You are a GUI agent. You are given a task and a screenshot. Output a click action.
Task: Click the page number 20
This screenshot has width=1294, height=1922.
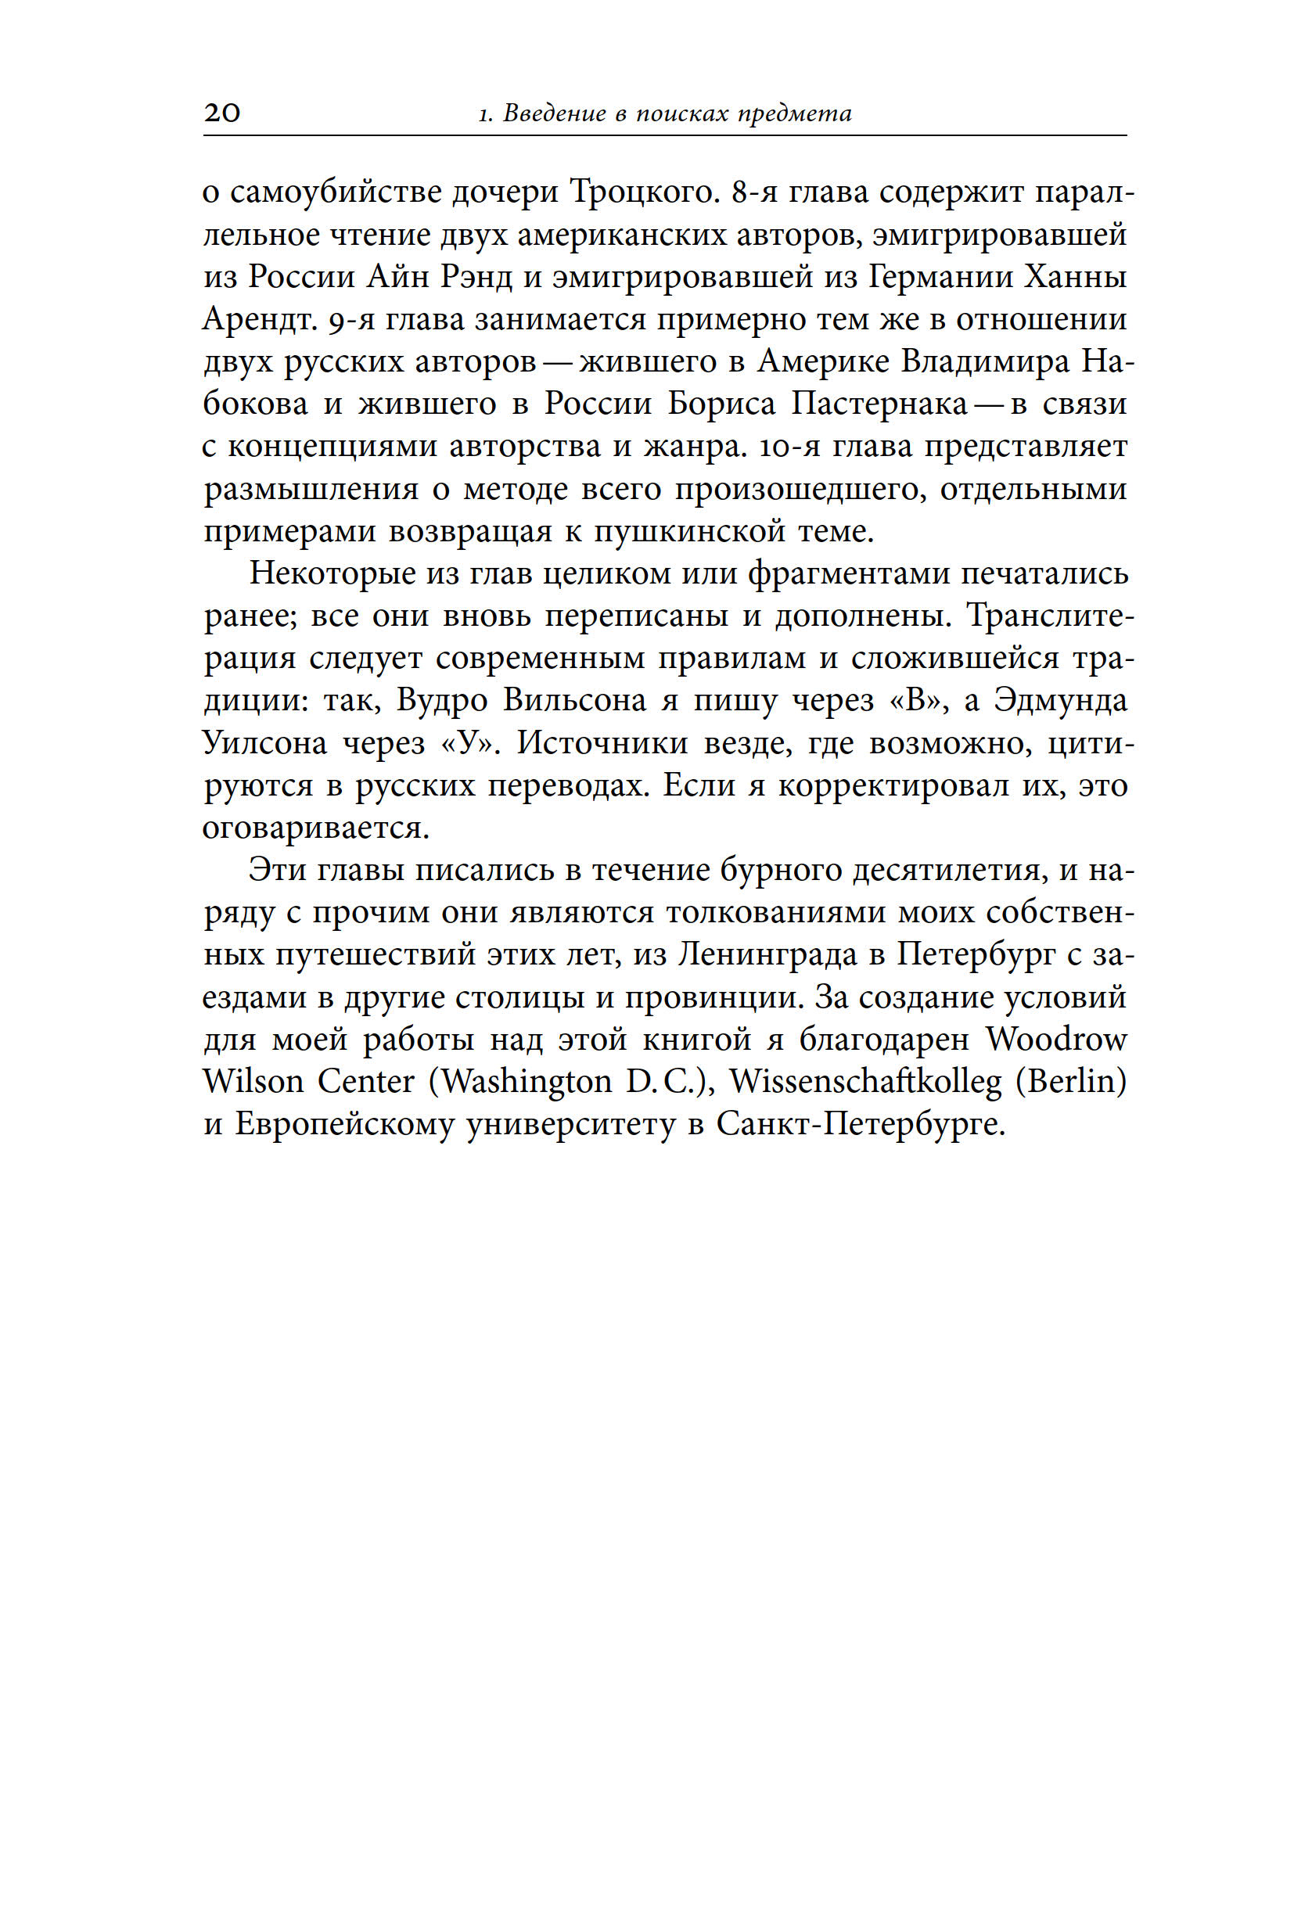222,112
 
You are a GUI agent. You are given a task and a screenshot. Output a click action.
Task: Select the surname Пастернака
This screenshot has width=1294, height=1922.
879,404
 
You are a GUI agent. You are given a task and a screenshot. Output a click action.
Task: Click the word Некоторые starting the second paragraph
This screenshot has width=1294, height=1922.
332,573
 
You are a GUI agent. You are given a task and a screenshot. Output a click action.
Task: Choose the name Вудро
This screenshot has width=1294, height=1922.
442,701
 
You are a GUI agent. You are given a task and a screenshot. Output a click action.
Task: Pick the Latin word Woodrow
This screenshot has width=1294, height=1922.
1055,1040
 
